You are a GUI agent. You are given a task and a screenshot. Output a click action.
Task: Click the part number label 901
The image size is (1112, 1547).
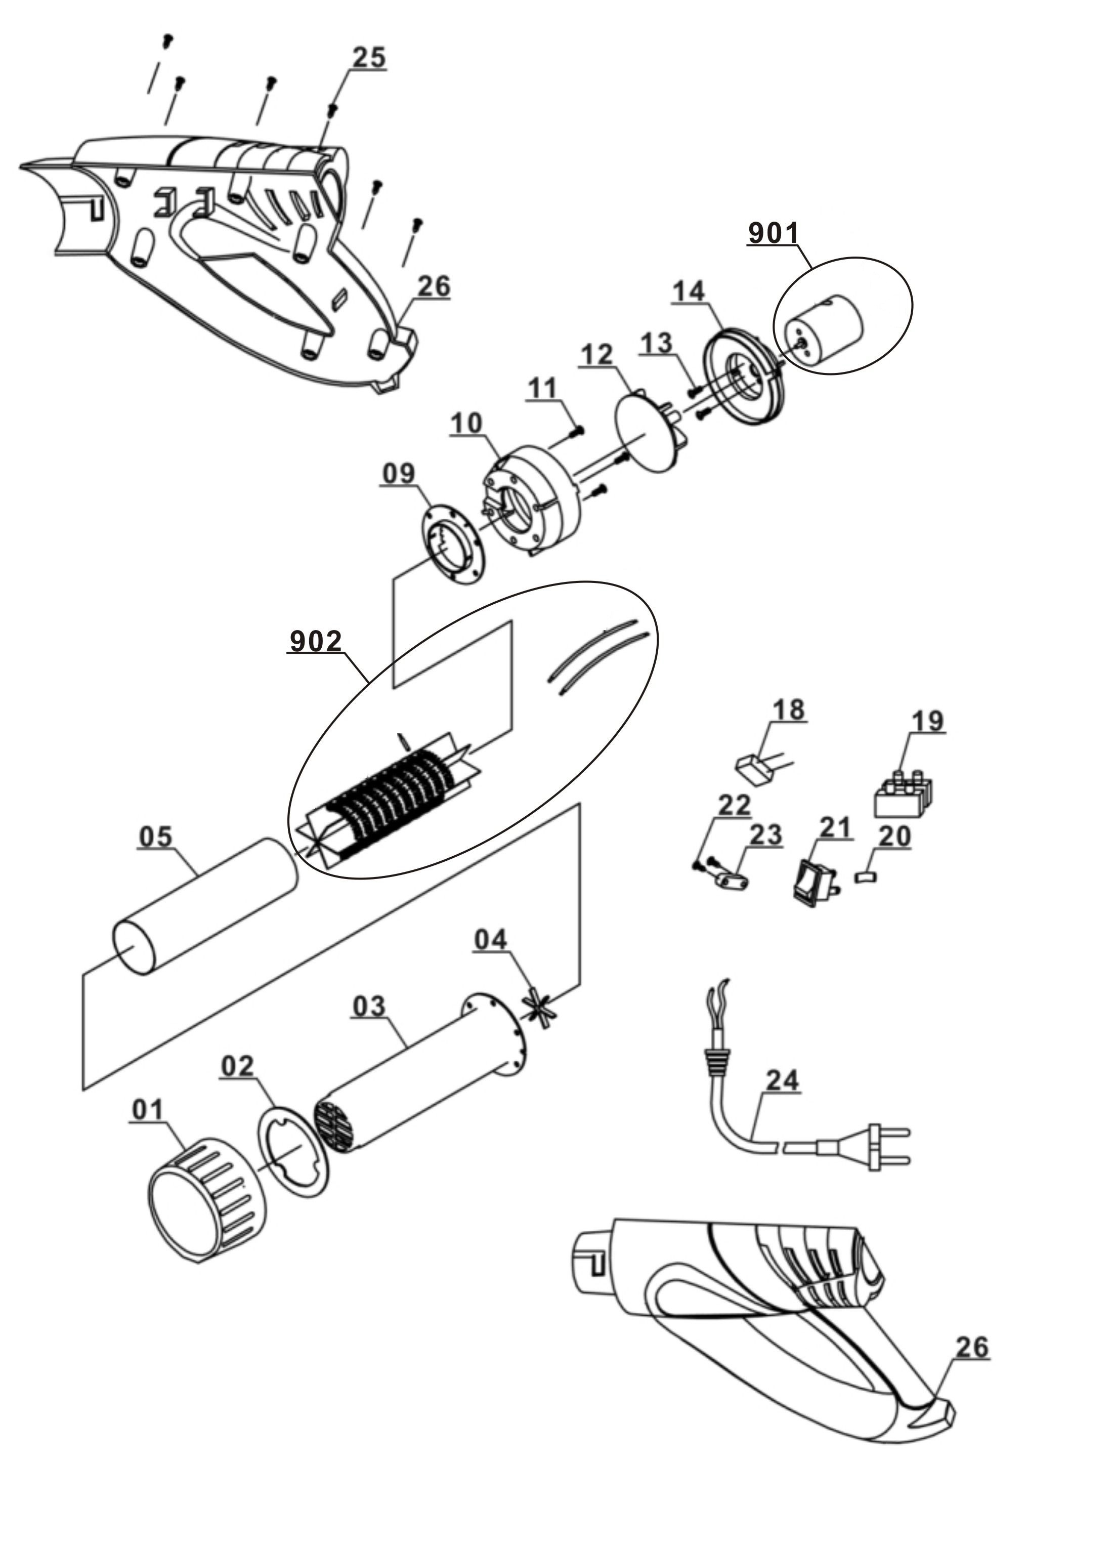coord(773,233)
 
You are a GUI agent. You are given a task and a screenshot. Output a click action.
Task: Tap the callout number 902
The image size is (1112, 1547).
coord(316,641)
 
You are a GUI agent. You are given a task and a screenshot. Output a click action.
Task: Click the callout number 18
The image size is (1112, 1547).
coord(788,709)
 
